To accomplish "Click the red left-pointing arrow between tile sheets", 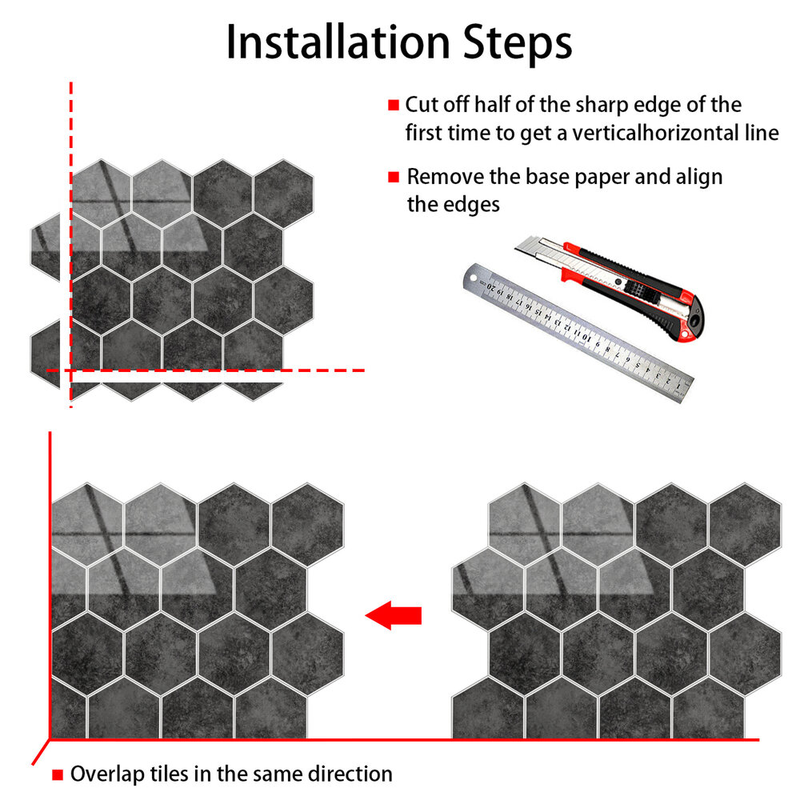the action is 394,615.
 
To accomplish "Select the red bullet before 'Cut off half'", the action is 394,105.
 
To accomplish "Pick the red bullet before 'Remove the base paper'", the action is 394,177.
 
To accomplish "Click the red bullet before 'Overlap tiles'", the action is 58,774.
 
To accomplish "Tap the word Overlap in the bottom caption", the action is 107,774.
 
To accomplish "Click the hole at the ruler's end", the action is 473,278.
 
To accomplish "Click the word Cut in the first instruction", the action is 422,105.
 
